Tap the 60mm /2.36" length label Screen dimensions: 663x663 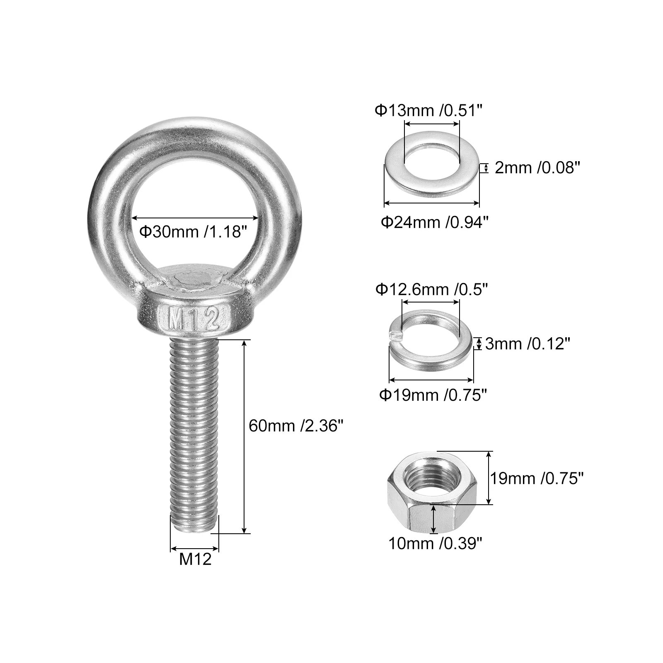pos(296,425)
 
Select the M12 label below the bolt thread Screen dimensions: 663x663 pos(195,559)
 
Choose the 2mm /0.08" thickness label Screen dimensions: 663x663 pos(537,167)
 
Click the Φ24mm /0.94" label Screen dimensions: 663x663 pos(435,223)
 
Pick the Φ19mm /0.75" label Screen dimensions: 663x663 pos(433,395)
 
